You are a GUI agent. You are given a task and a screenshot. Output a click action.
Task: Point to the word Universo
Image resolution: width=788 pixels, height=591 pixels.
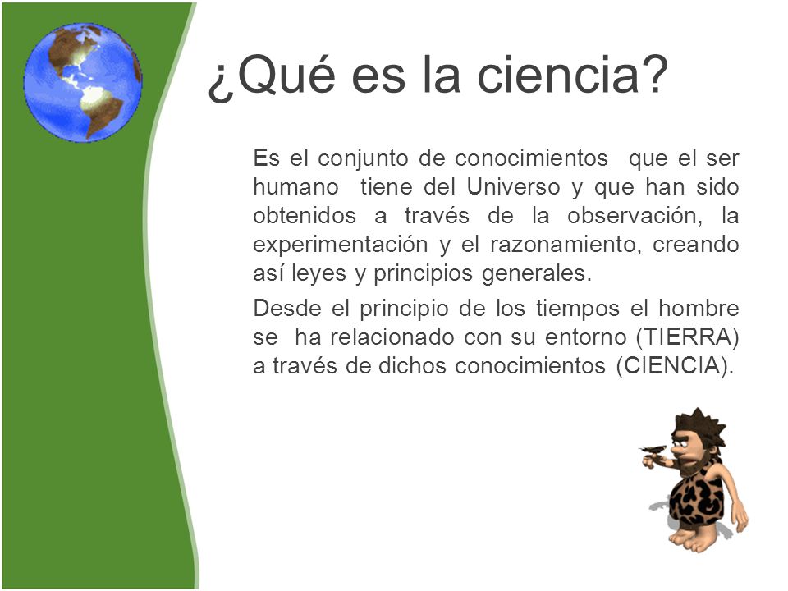pyautogui.click(x=513, y=187)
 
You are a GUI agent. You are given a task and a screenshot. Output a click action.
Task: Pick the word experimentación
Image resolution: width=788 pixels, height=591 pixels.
pyautogui.click(x=340, y=245)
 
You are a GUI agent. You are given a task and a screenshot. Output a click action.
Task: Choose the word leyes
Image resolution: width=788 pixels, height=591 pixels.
pyautogui.click(x=318, y=274)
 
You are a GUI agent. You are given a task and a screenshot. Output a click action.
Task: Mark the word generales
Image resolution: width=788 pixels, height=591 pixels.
pyautogui.click(x=536, y=274)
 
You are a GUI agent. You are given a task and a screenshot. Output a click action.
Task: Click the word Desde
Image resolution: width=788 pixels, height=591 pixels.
pyautogui.click(x=287, y=308)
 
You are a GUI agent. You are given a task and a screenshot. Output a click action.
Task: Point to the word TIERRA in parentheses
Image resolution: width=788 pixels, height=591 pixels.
pyautogui.click(x=687, y=337)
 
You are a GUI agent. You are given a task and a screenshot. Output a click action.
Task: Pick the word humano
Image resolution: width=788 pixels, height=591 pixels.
pyautogui.click(x=296, y=187)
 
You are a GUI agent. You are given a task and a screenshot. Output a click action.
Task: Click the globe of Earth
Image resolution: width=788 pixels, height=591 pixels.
pyautogui.click(x=83, y=82)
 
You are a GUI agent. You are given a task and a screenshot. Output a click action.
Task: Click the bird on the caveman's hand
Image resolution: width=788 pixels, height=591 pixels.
pyautogui.click(x=653, y=448)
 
